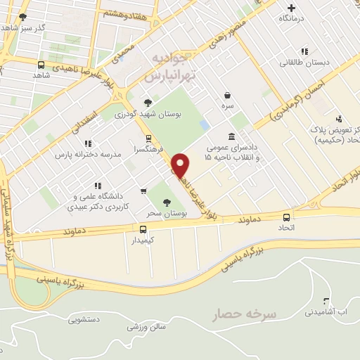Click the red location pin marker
[x=181, y=165]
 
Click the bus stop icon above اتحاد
[x=286, y=217]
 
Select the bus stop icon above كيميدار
[x=143, y=229]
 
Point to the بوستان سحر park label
[x=166, y=212]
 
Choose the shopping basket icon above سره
[x=226, y=96]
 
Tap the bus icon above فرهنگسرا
[x=148, y=139]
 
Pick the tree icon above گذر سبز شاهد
[x=22, y=16]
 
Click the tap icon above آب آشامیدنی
[x=325, y=300]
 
